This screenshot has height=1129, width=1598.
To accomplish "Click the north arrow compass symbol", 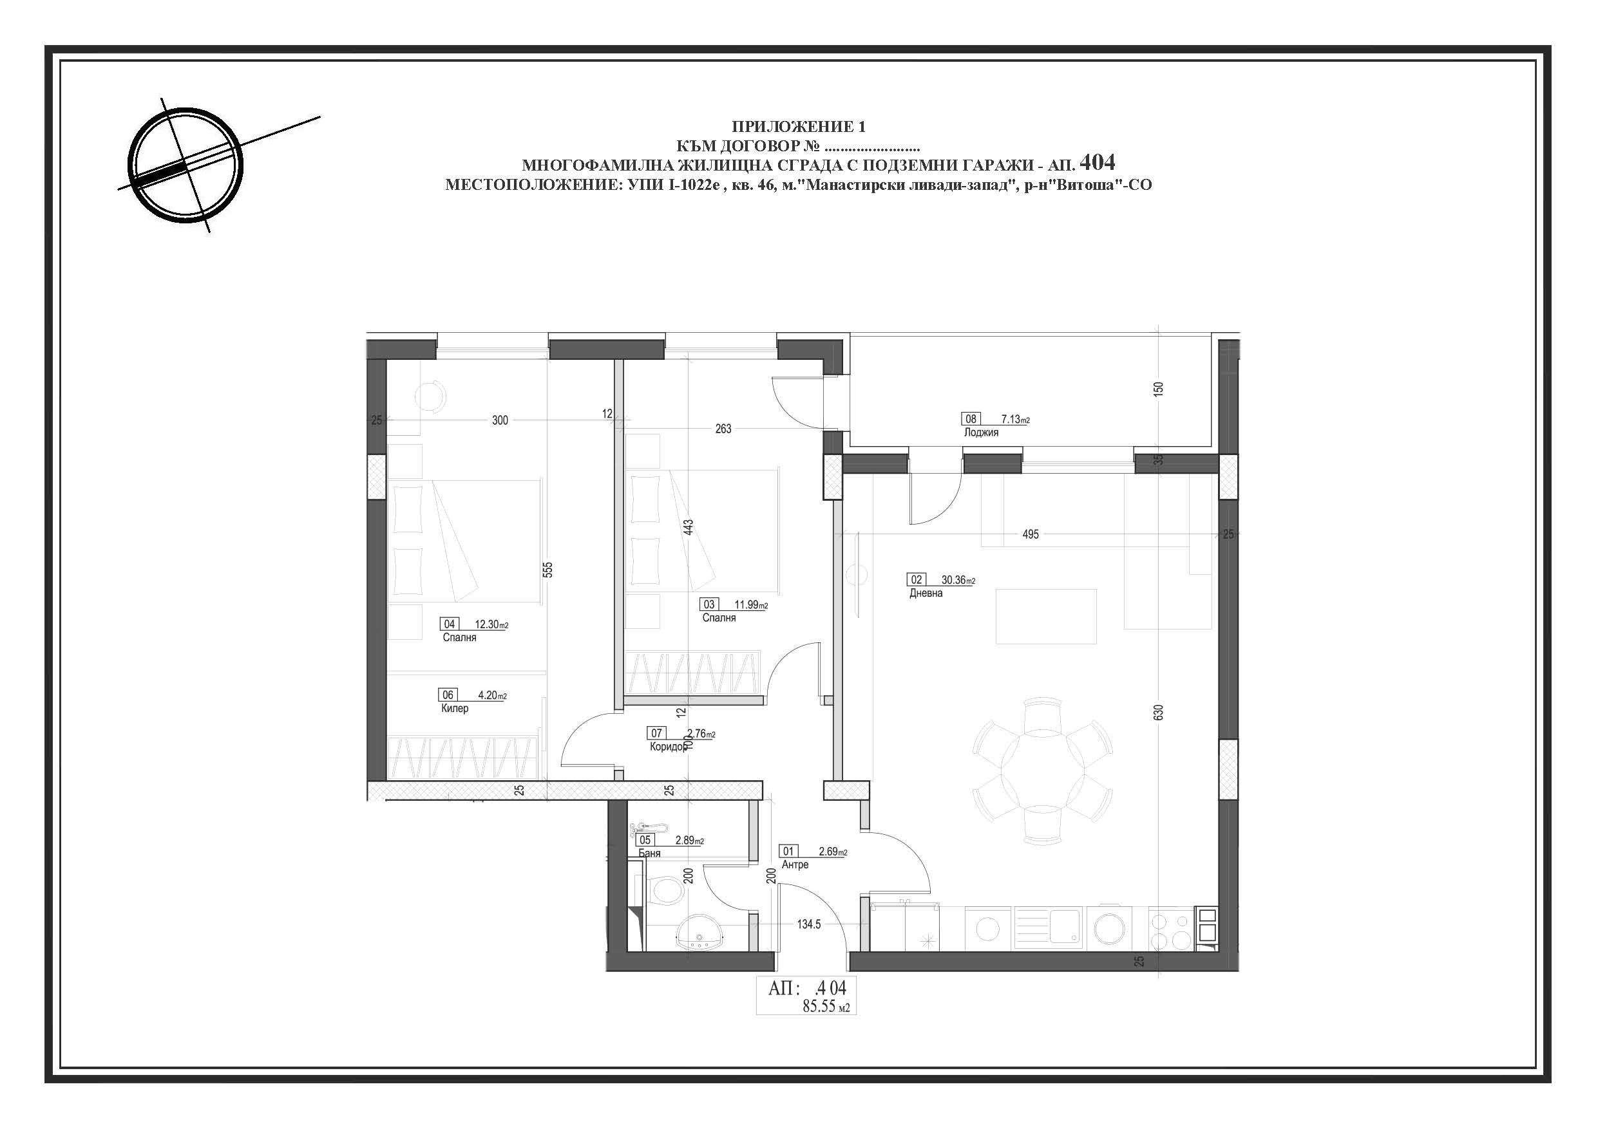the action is tap(187, 165).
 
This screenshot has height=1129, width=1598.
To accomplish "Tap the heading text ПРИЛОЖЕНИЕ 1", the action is tap(798, 127).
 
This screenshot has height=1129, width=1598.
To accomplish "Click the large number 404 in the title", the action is tap(1097, 162).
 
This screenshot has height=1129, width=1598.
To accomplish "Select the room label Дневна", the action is tap(926, 593).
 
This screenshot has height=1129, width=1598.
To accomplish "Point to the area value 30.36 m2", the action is tap(958, 580).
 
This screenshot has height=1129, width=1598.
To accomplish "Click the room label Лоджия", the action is tap(981, 432).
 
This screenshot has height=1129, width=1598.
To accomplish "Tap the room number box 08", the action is tap(971, 419).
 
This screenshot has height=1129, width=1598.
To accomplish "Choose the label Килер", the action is tap(455, 708).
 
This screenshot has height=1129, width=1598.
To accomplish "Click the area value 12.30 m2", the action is tap(491, 624).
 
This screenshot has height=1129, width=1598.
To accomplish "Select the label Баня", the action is tap(649, 853).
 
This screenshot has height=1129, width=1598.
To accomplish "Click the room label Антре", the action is tap(795, 864).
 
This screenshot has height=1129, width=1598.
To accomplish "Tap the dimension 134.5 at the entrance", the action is tap(809, 924).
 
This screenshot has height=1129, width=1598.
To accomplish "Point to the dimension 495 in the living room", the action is tap(1030, 534).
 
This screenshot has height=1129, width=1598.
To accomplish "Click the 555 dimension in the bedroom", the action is tap(547, 570).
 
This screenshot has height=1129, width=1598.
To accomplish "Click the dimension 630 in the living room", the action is tap(1158, 713).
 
